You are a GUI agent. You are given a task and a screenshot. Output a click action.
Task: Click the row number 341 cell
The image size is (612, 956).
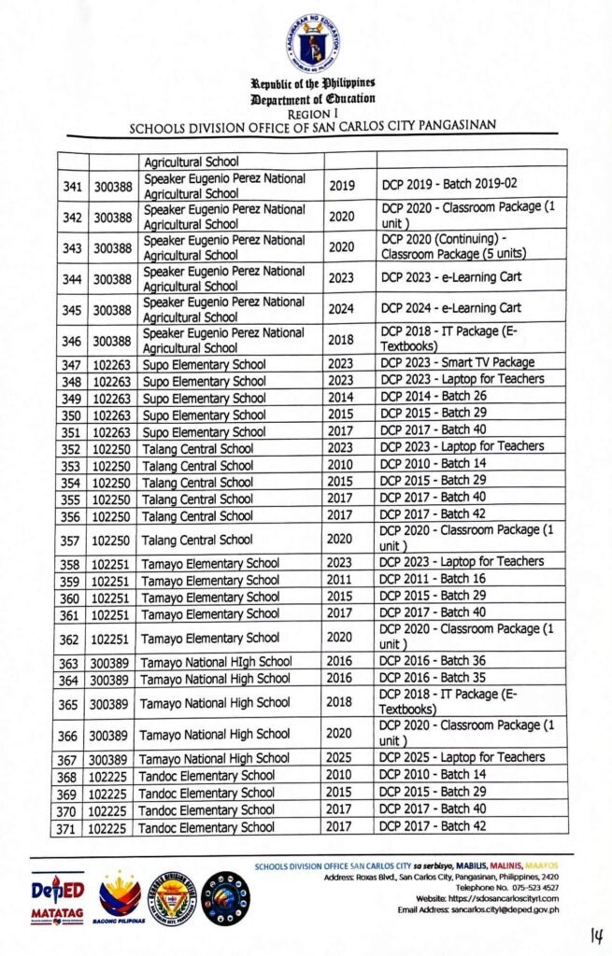(73, 187)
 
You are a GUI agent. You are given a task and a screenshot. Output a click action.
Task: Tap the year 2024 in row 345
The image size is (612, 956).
(342, 308)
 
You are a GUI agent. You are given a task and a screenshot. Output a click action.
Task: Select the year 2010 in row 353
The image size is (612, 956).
(341, 465)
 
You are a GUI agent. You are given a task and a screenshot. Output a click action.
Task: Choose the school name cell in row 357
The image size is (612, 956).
(197, 540)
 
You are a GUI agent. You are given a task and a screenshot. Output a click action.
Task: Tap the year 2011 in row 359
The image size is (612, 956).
(341, 580)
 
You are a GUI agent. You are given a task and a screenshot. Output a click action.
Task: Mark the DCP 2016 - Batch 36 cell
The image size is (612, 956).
(436, 661)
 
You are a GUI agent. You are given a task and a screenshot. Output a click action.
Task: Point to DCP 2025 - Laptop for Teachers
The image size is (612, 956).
(463, 757)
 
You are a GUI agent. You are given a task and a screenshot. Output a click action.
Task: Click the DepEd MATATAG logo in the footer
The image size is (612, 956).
(55, 901)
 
